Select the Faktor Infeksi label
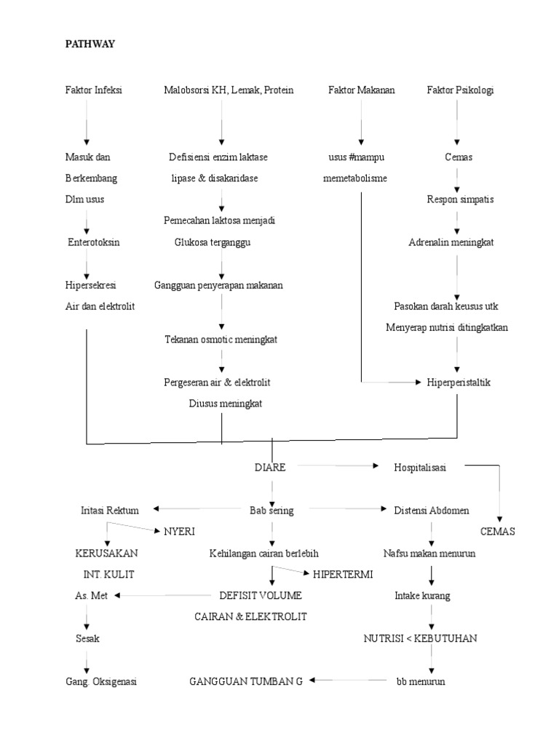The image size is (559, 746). tap(93, 90)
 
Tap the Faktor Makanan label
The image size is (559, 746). tap(361, 90)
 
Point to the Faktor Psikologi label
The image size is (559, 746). tap(457, 90)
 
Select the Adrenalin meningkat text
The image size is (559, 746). tap(451, 243)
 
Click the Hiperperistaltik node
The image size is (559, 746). tap(459, 382)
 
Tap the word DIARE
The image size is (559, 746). tap(269, 468)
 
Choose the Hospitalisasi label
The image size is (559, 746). tap(421, 468)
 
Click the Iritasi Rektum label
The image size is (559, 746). tap(110, 511)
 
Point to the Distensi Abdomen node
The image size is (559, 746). tap(431, 511)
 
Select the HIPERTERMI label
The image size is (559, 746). tap(343, 574)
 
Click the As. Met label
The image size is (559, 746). tap(91, 595)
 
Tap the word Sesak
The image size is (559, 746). tap(88, 638)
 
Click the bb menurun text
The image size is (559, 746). tap(420, 682)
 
